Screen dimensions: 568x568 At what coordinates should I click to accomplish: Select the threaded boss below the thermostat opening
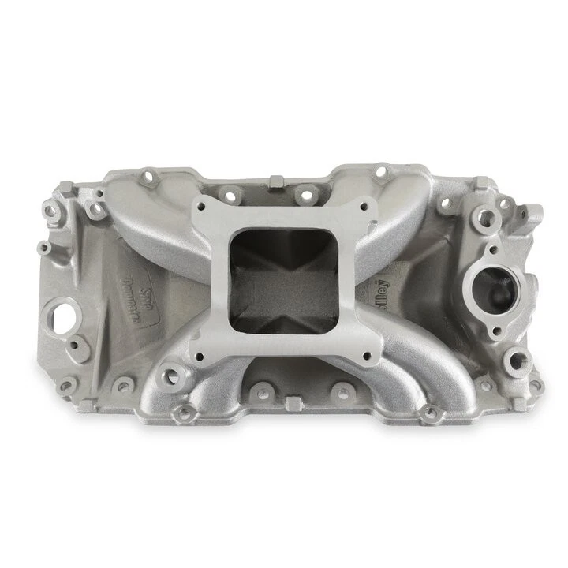click(x=518, y=361)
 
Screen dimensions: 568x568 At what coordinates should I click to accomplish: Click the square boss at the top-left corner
click(x=68, y=189)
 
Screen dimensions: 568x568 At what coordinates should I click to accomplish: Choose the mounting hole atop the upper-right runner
click(x=381, y=170)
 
